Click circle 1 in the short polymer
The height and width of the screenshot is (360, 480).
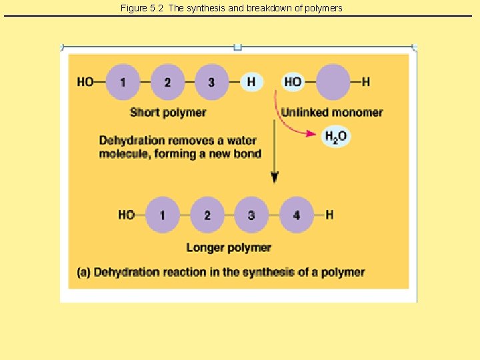[x=122, y=82]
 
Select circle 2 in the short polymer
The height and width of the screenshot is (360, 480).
[x=167, y=82]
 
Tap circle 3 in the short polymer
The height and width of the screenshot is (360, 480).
[x=211, y=82]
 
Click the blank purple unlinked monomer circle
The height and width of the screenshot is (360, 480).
[x=333, y=82]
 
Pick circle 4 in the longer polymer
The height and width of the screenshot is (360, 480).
[x=296, y=215]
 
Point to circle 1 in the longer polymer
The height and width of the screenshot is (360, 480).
[x=162, y=215]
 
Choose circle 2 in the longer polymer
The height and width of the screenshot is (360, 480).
[x=207, y=215]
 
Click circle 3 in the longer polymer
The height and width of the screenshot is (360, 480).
[x=251, y=215]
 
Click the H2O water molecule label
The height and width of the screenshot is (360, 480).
[x=336, y=137]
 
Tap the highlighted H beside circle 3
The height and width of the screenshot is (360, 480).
[x=251, y=82]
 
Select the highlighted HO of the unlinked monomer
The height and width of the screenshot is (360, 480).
[x=293, y=82]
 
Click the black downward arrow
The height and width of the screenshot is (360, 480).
[x=274, y=167]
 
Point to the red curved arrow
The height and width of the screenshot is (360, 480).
[x=287, y=120]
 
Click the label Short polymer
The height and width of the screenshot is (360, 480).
[x=168, y=112]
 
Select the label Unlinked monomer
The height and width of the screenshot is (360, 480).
[x=332, y=112]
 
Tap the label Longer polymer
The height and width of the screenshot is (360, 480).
[x=229, y=247]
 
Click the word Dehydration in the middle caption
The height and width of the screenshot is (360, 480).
[x=132, y=140]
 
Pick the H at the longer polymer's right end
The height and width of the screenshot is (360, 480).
[x=329, y=215]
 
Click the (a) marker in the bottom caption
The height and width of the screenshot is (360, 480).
[x=84, y=272]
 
